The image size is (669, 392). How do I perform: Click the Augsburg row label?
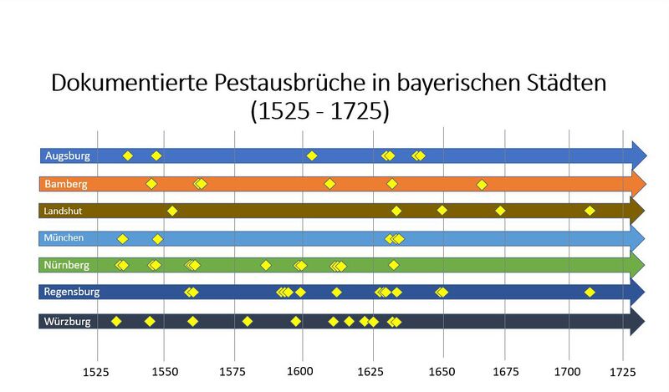point(67,155)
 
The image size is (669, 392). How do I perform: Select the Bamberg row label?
point(66,183)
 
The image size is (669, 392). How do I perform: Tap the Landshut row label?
point(64,211)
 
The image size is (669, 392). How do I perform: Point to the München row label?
point(64,238)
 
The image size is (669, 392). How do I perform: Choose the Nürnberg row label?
point(67,266)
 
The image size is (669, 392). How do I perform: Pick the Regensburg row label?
point(73,293)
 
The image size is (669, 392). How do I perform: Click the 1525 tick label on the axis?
point(98,369)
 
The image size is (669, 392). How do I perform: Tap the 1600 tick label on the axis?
point(302,369)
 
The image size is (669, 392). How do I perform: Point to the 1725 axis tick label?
point(622,369)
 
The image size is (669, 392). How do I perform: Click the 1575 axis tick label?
point(234,369)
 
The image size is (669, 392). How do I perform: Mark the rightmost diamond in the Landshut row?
point(590,211)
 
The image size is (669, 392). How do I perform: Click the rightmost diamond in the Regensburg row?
point(590,293)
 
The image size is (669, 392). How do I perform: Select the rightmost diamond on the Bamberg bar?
point(481,184)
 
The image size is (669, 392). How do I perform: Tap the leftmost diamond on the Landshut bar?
point(172,211)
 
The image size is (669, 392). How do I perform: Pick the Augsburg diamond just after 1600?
point(312,155)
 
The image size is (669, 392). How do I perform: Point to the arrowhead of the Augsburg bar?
point(639,155)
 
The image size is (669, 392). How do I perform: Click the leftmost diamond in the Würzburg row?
point(116,321)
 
